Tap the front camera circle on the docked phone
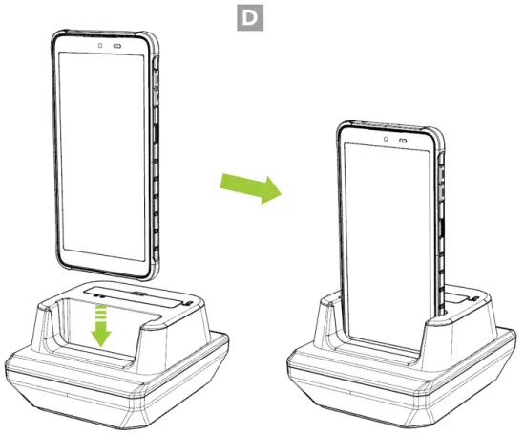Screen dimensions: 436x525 click(x=384, y=139)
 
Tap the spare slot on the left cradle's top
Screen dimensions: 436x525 click(x=139, y=294)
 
